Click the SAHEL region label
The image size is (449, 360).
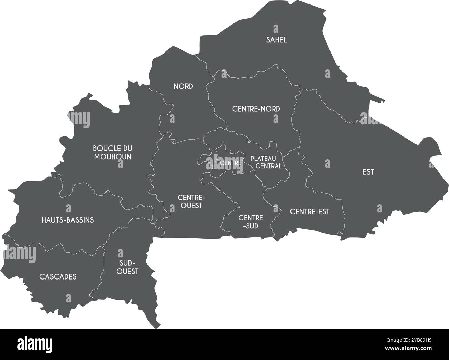(x=276, y=40)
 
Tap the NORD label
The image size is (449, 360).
(x=183, y=86)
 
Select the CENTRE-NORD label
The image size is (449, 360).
(x=256, y=109)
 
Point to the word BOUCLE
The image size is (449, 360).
(x=108, y=148)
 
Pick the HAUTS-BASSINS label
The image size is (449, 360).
(x=68, y=220)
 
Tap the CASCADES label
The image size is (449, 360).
(x=58, y=277)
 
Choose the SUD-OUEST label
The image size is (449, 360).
(x=127, y=267)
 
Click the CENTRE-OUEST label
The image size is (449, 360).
(x=191, y=201)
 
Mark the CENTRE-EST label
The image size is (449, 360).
(x=310, y=211)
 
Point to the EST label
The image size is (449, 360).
(x=368, y=172)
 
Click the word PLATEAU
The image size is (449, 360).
(x=263, y=159)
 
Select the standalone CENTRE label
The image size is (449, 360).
(x=229, y=162)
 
